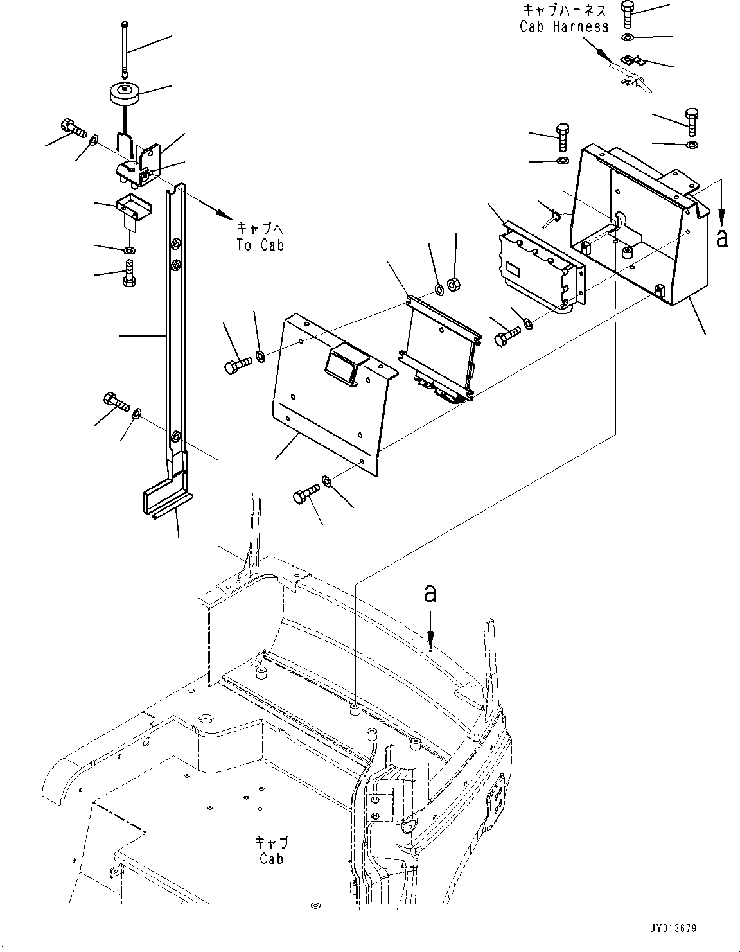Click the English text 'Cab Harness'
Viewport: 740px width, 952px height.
click(x=564, y=27)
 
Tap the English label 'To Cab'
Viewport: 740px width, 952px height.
click(x=260, y=245)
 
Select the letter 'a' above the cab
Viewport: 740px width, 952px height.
click(x=430, y=594)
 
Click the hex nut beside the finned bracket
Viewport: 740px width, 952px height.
click(x=454, y=286)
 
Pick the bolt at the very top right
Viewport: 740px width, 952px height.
click(x=628, y=15)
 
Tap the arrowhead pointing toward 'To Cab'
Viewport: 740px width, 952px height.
click(x=224, y=215)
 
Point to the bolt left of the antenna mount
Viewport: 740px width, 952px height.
click(x=73, y=127)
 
